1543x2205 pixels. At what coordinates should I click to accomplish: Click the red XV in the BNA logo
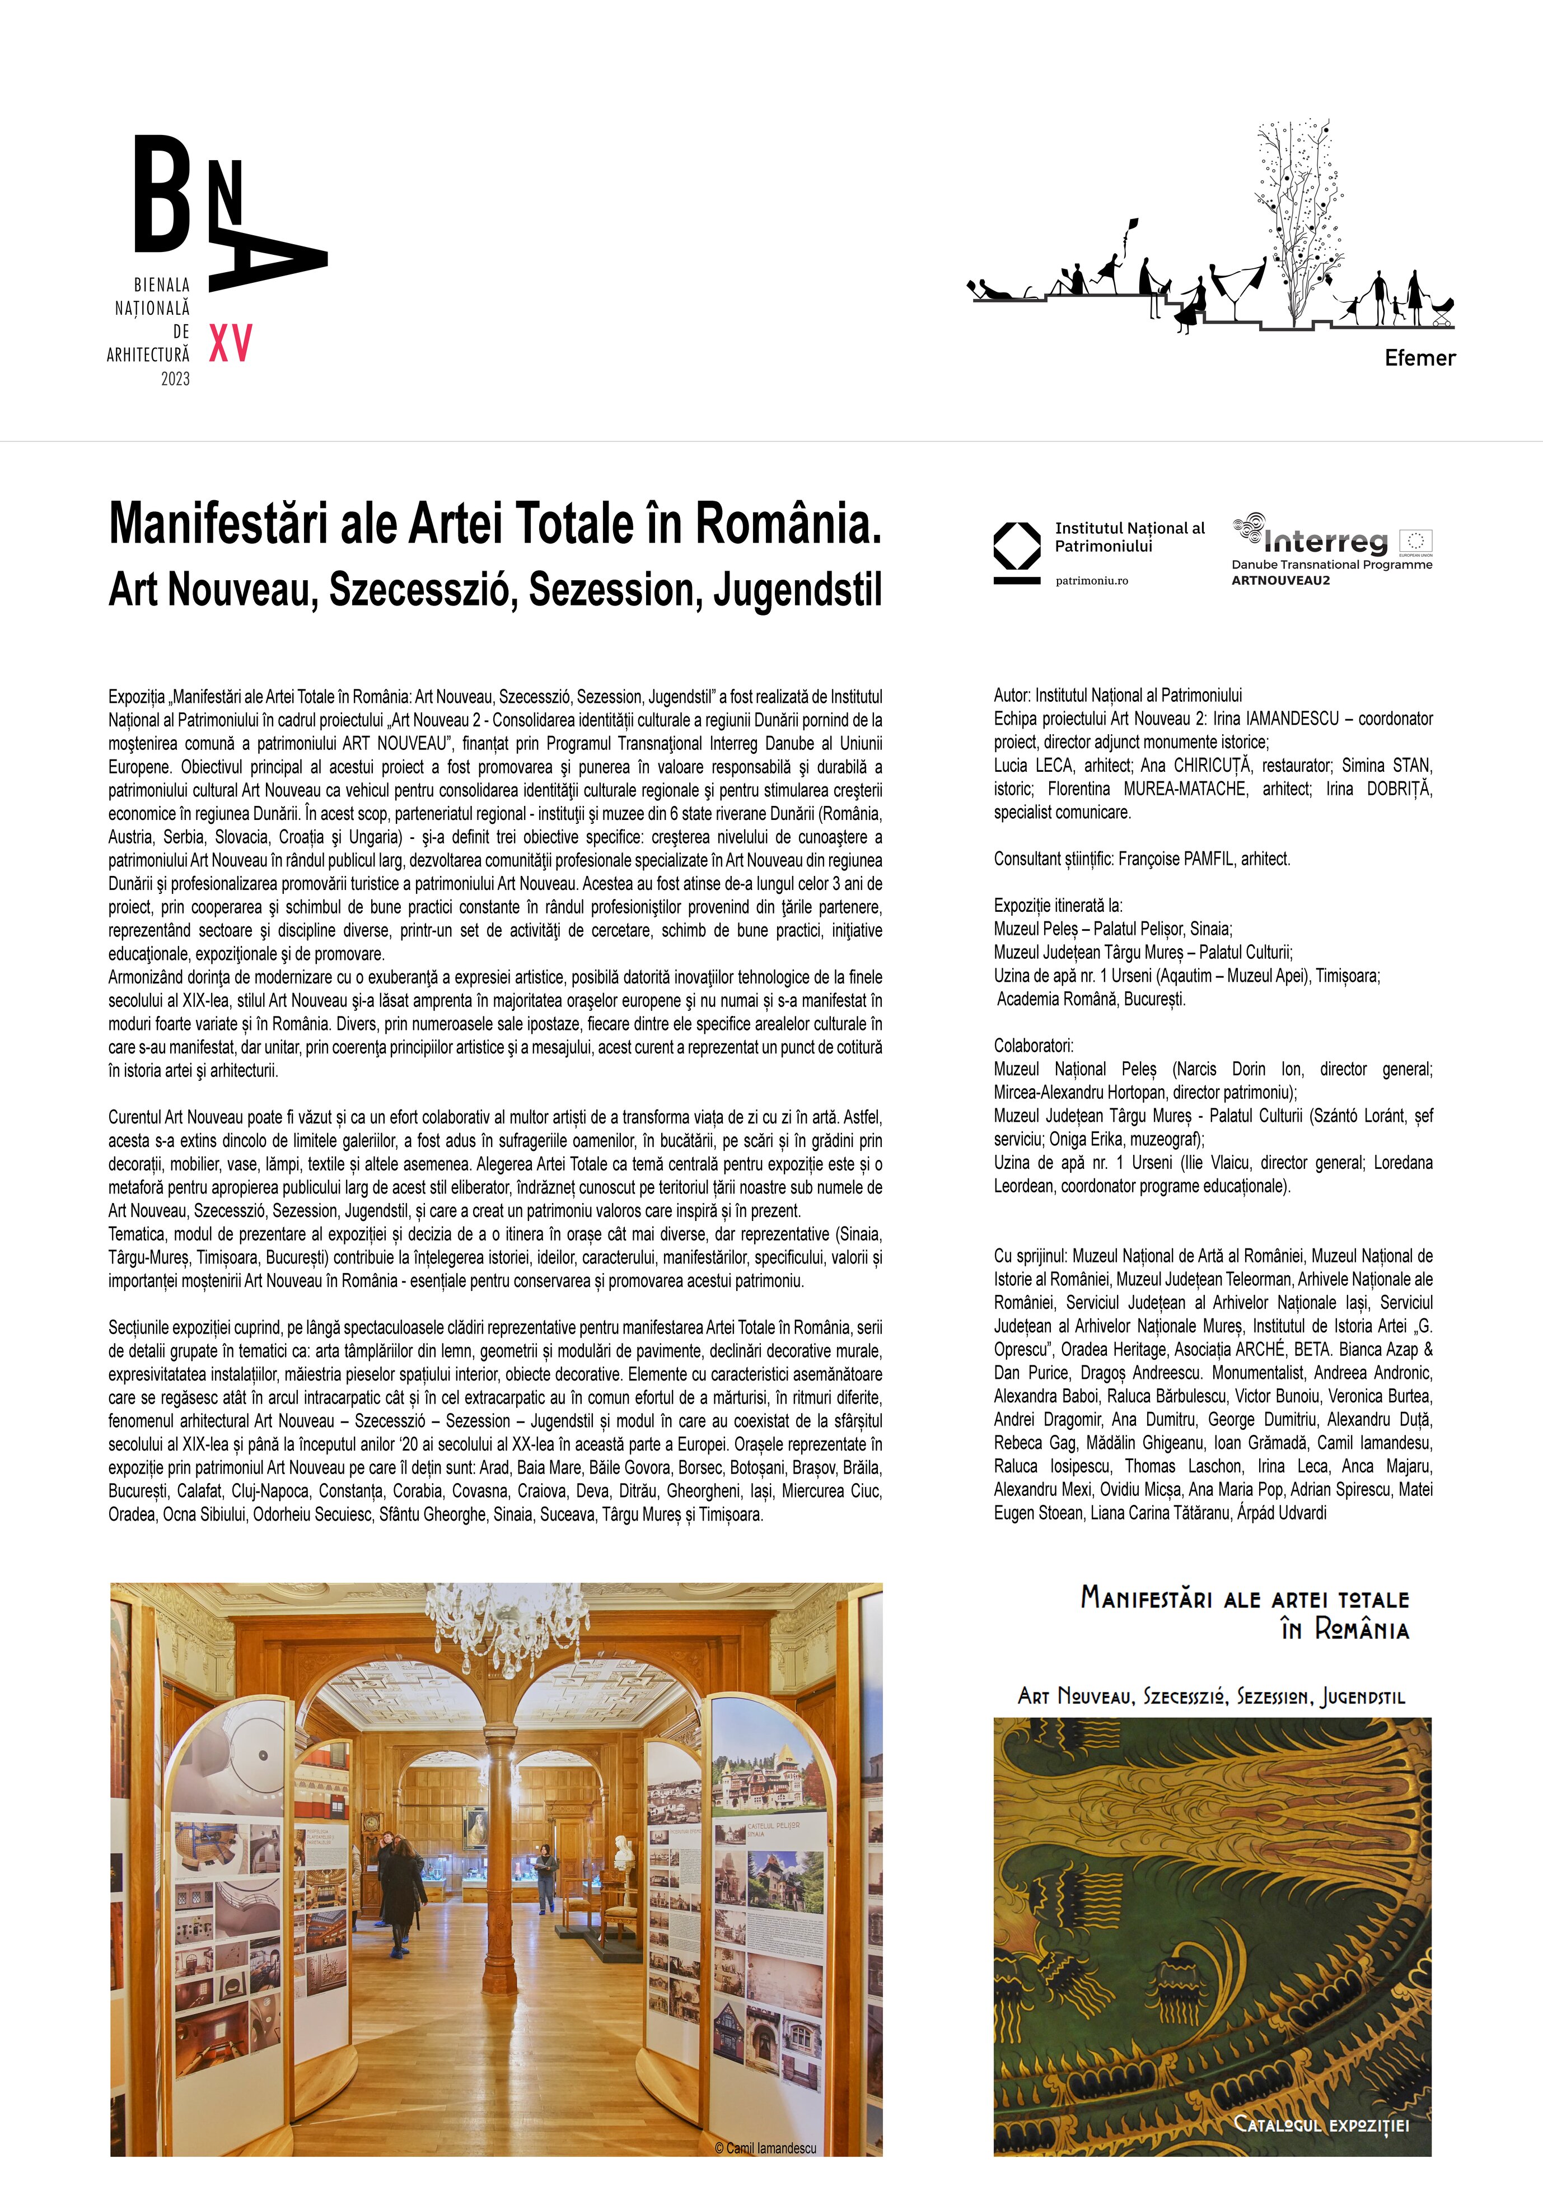tap(231, 343)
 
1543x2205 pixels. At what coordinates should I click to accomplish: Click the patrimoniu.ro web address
tap(1092, 581)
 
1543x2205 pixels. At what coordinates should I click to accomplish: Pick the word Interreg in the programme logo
tap(1325, 542)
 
